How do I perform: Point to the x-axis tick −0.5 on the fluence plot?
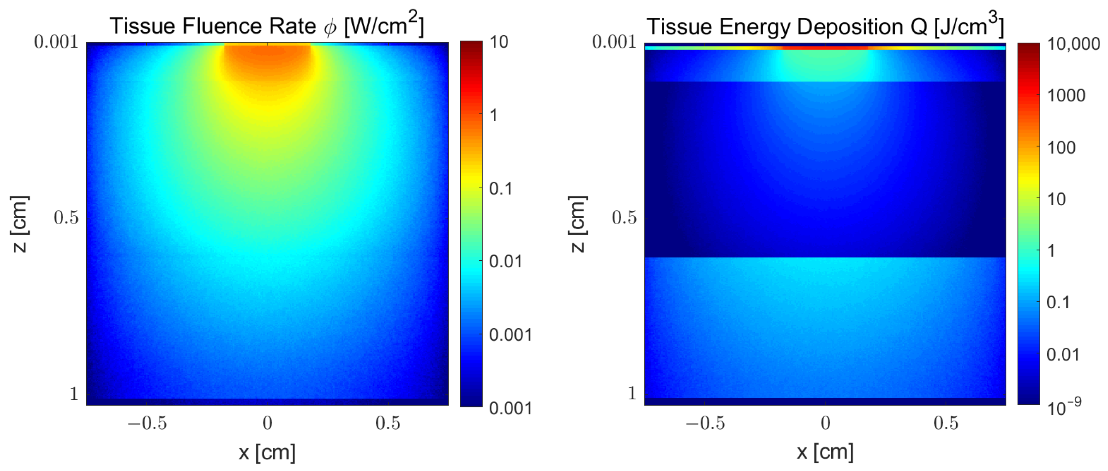click(147, 423)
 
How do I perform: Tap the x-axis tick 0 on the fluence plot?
click(267, 423)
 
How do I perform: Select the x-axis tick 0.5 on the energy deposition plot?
click(946, 423)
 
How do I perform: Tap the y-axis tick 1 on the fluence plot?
click(74, 394)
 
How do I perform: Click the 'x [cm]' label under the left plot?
click(267, 452)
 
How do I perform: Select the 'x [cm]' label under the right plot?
click(825, 452)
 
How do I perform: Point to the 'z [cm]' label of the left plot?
click(20, 224)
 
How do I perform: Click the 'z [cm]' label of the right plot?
click(578, 224)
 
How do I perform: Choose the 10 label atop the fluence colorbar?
click(499, 42)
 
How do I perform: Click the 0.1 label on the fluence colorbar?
click(501, 189)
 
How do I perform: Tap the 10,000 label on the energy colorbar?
click(1073, 44)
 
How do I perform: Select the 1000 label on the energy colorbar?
click(1066, 96)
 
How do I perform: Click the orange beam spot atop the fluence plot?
click(267, 60)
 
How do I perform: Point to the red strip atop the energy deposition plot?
click(825, 48)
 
